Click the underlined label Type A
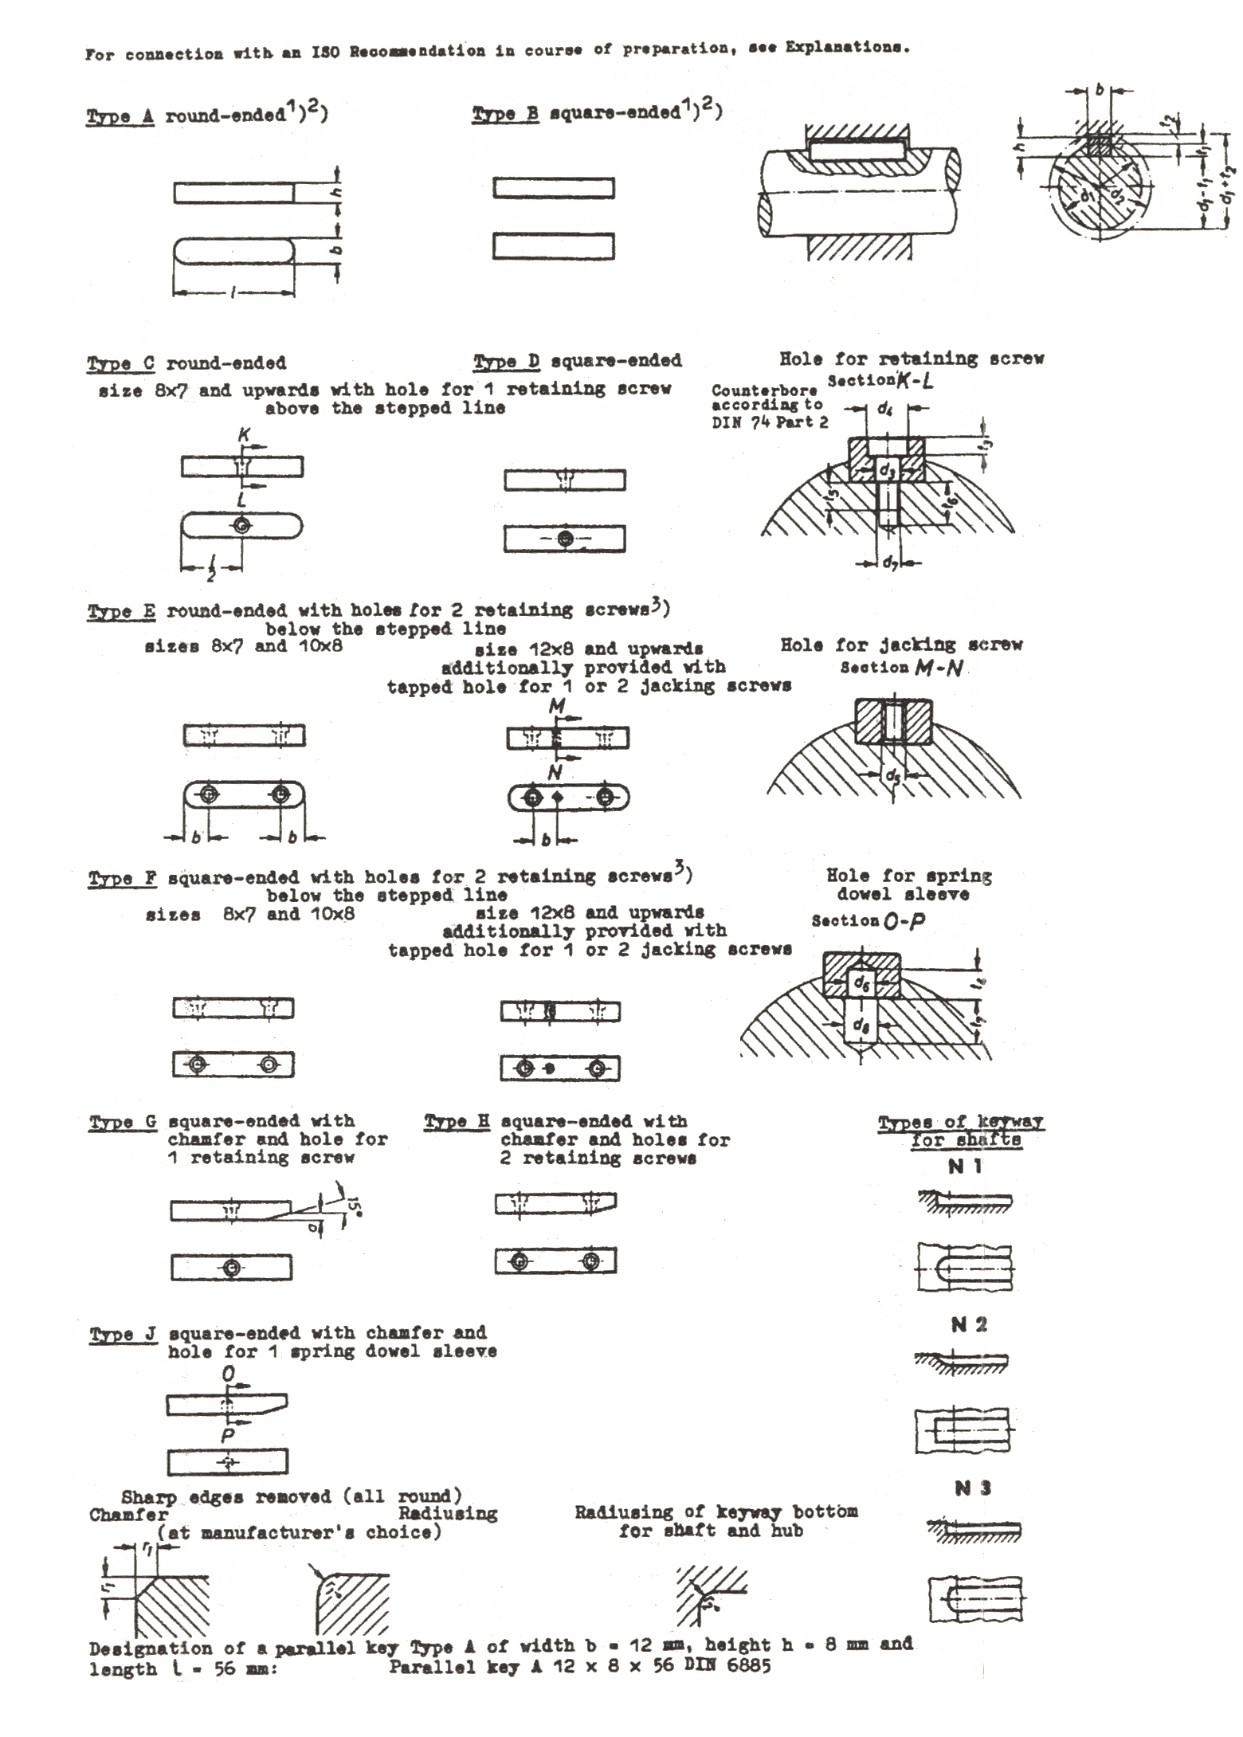click(x=120, y=116)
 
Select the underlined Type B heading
click(x=505, y=114)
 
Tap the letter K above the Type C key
click(x=244, y=436)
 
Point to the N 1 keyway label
click(x=965, y=1166)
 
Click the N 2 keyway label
click(x=969, y=1325)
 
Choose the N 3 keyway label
click(x=972, y=1488)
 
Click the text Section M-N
click(x=900, y=668)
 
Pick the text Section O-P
click(x=869, y=920)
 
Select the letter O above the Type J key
click(x=229, y=1374)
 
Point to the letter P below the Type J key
click(x=228, y=1435)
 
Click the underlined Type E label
click(x=121, y=612)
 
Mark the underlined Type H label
click(x=457, y=1122)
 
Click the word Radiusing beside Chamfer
click(x=448, y=1514)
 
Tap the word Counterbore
click(x=753, y=390)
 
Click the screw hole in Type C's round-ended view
click(x=241, y=525)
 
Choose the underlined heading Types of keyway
click(x=960, y=1123)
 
